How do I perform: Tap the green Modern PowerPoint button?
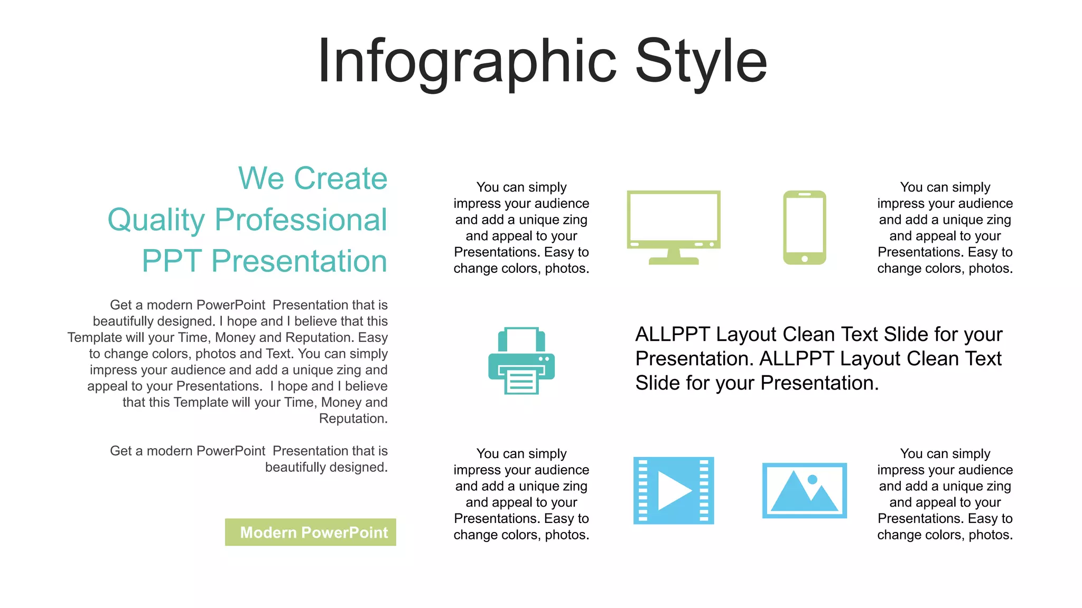coord(311,532)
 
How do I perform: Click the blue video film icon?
coord(674,491)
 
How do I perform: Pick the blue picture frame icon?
coord(804,491)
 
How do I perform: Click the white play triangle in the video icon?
coord(672,491)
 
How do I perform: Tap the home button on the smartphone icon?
coord(804,259)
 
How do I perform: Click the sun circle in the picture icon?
coord(813,479)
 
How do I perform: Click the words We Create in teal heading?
coord(313,178)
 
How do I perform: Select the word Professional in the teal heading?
coord(301,220)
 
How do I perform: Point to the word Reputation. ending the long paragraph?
coord(353,419)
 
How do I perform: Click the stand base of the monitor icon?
coord(674,261)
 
